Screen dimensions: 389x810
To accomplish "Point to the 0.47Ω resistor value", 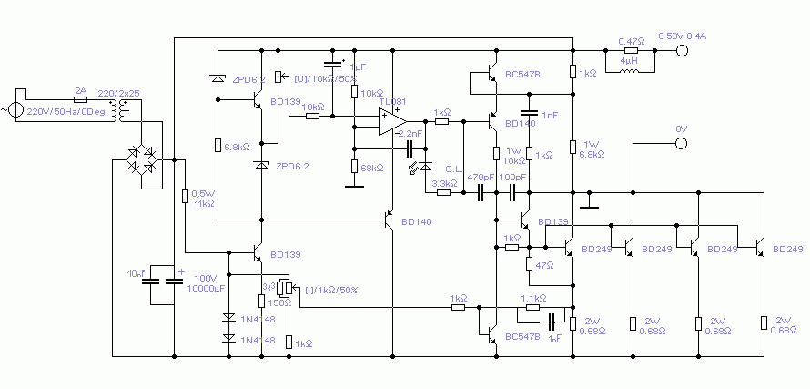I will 632,41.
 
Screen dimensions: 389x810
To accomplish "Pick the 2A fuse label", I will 80,91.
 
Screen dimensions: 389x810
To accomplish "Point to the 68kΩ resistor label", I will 372,169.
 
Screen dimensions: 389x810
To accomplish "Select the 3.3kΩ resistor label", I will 444,182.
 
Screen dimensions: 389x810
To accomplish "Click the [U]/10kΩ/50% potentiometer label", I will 322,79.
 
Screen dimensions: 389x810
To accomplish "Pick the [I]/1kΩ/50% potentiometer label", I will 331,290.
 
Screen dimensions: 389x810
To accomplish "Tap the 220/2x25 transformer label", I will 117,93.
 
